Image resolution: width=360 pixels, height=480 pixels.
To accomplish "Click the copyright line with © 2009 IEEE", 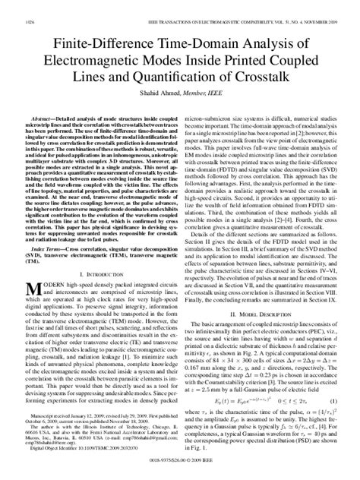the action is click(180, 470).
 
